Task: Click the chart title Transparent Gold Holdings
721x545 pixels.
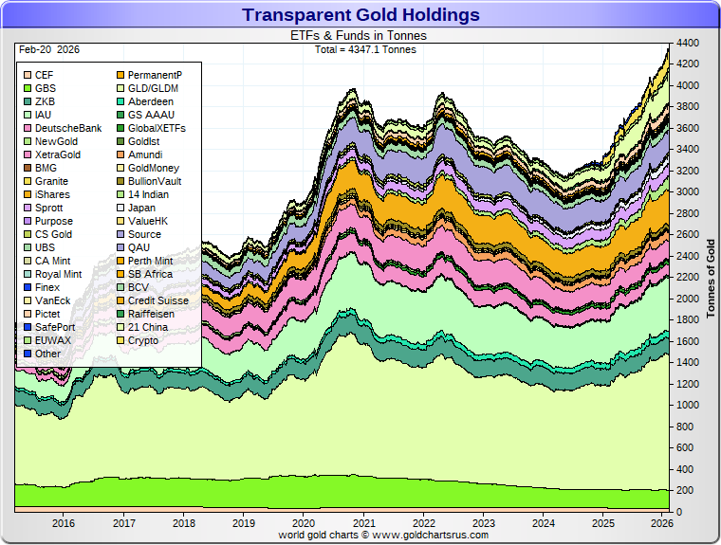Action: click(x=360, y=15)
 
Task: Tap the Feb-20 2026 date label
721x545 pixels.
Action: click(x=47, y=47)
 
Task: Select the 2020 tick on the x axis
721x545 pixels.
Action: click(x=304, y=522)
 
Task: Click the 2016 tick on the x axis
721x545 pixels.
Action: click(x=64, y=522)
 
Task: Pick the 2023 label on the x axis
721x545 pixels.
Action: click(x=484, y=522)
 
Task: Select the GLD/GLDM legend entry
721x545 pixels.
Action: click(x=153, y=88)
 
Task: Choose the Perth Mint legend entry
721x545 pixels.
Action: click(x=150, y=261)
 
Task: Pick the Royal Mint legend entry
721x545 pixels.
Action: click(x=58, y=274)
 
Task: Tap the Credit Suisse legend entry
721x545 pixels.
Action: click(x=157, y=300)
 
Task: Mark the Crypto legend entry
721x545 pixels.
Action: click(x=142, y=340)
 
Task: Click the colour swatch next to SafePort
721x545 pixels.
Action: click(x=28, y=327)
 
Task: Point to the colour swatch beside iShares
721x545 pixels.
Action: click(x=28, y=194)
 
